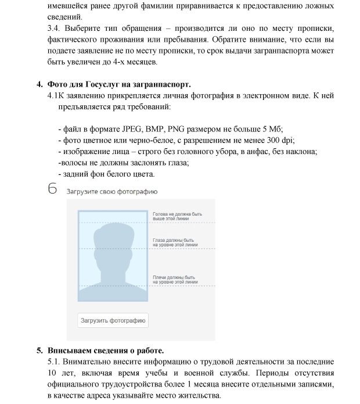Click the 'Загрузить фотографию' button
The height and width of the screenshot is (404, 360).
tap(113, 320)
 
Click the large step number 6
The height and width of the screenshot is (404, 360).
tap(53, 189)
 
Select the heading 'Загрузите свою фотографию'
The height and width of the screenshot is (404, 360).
tap(111, 191)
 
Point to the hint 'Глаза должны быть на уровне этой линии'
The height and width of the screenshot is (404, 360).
tap(173, 242)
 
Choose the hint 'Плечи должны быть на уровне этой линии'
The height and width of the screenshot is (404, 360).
tap(174, 279)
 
